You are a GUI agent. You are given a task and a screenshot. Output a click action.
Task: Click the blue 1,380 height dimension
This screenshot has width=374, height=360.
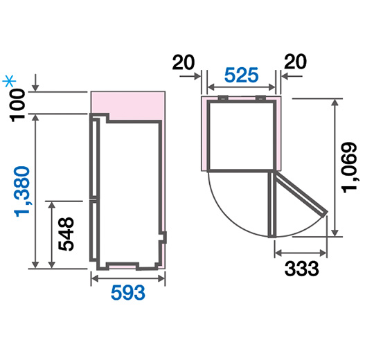pos(22,192)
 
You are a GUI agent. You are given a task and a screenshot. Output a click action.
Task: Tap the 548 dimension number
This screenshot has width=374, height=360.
pos(66,234)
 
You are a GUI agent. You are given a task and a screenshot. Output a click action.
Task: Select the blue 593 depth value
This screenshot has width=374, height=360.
pos(128,293)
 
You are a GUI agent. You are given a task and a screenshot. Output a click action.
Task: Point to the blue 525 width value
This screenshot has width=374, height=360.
pos(242,75)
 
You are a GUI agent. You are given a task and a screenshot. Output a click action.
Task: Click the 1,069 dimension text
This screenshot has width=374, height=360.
pos(350,168)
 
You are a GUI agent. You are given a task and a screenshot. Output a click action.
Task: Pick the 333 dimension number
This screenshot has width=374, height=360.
pos(302,269)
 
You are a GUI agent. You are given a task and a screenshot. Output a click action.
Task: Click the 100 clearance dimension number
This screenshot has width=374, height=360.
pos(17,105)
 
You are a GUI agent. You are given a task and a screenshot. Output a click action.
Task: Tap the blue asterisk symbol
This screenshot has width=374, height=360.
pos(9,81)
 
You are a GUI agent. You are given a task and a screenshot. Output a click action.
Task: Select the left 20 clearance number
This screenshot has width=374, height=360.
pos(184,62)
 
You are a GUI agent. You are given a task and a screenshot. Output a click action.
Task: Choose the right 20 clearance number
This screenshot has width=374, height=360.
pos(295,62)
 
